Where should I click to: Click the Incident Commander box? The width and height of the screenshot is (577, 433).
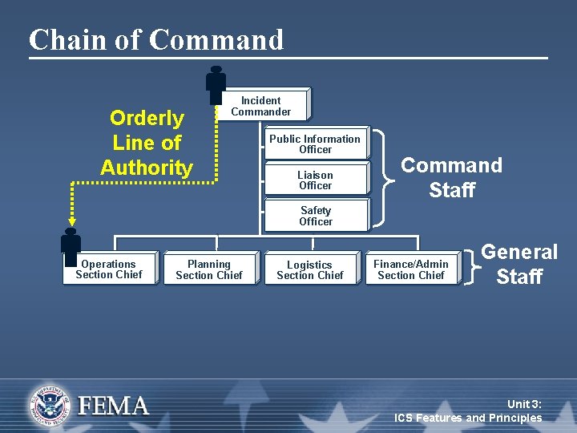coord(261,106)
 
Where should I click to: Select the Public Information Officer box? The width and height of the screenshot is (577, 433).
coord(315,144)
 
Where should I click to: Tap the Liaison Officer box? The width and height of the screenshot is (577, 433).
coord(315,180)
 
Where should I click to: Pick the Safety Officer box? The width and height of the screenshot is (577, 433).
coord(315,216)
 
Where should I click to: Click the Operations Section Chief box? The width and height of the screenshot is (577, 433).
coord(110,269)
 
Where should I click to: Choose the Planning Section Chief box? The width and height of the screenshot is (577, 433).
coord(209,269)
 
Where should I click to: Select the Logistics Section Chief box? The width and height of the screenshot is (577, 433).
coord(309,269)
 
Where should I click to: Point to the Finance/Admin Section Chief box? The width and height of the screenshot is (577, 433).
coord(410,269)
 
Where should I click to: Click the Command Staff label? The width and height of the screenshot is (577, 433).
coord(451,177)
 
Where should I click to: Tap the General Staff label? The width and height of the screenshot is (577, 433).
coord(519,264)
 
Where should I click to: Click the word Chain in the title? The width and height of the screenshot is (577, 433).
coord(65,39)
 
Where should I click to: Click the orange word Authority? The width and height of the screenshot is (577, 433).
coord(147,168)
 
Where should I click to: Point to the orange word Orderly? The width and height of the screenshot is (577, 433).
coord(147,119)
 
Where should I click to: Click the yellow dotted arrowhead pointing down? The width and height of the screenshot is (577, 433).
coord(71,221)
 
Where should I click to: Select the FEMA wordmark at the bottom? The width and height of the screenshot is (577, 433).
coord(113,405)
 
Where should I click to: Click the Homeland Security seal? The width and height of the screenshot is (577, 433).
coord(50,404)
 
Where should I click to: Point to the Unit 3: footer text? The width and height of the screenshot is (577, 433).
coord(524,403)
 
